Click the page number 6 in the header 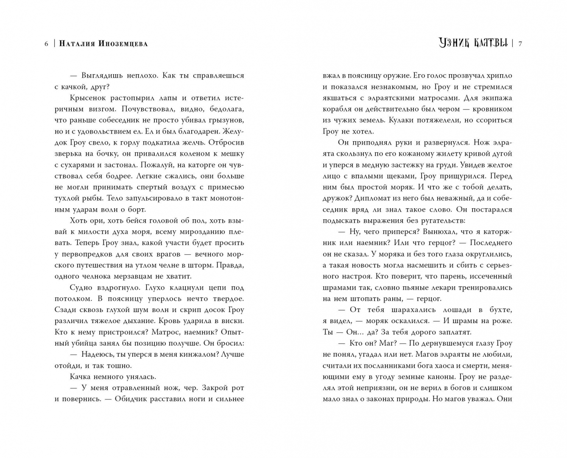[x=46, y=44]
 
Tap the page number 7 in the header [x=520, y=43]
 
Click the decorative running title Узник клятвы [x=473, y=43]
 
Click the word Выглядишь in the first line [x=99, y=75]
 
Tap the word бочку [x=92, y=154]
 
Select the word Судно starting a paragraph [x=81, y=288]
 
